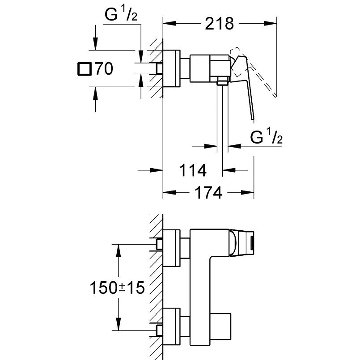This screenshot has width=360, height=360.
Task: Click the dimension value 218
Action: (220, 23)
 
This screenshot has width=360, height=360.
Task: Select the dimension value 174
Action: (208, 193)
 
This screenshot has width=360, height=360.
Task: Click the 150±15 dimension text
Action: (118, 288)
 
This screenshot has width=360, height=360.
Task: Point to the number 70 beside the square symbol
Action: (103, 69)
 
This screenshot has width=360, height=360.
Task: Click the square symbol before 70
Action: (84, 69)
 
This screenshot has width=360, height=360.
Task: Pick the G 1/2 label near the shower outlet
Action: (266, 137)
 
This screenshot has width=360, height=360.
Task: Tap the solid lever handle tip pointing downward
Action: (253, 117)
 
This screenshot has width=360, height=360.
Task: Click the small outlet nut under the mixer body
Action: (222, 81)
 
